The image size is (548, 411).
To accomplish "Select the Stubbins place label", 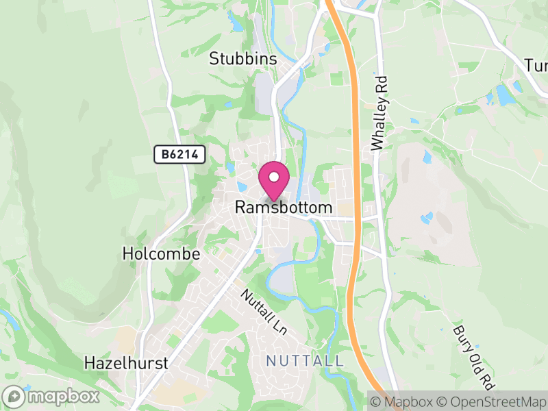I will pos(243,60).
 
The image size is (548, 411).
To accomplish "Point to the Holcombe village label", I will pos(161,254).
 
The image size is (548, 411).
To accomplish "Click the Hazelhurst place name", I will pos(125,363).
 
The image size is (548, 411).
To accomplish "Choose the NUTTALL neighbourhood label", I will pos(304,360).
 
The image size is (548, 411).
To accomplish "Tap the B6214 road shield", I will pos(179,155).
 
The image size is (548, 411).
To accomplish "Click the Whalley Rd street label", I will pos(378,113).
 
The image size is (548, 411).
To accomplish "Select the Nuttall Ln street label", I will pos(263,311).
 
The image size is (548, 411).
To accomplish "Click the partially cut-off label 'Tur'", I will pos(536,66).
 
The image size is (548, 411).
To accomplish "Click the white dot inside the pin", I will pos(274,177).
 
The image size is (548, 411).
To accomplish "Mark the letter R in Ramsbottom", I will pos(240,207).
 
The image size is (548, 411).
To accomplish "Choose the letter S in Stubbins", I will pos(214,60).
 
